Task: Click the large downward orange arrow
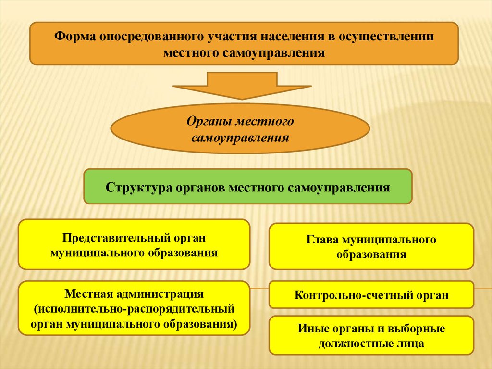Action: [242, 85]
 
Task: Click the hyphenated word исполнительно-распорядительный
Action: [134, 308]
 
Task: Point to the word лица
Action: [411, 344]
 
